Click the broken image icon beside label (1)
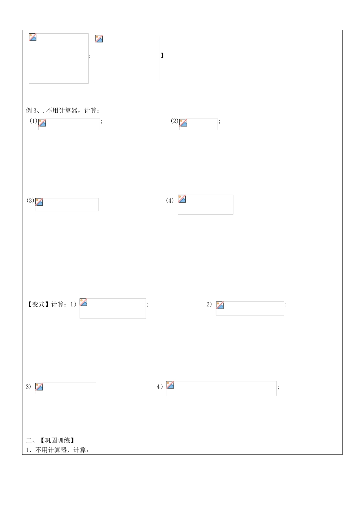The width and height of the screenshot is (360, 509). [x=42, y=122]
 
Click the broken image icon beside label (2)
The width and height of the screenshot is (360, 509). [x=183, y=122]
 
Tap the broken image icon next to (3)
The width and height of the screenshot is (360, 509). [x=39, y=202]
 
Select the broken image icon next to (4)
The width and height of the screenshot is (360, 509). [x=182, y=198]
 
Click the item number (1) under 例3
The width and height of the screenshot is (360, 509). [x=33, y=121]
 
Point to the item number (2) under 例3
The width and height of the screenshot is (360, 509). [x=174, y=121]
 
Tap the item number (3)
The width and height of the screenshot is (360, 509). [x=30, y=200]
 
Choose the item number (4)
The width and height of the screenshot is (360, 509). [x=170, y=200]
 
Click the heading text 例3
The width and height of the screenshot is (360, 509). [x=31, y=111]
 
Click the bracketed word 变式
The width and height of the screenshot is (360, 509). [x=38, y=304]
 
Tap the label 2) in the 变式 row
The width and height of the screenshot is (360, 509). [x=209, y=304]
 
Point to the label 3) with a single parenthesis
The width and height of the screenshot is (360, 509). [x=28, y=387]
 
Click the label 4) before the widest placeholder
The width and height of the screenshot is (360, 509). [x=160, y=387]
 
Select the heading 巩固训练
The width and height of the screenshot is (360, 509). [x=58, y=440]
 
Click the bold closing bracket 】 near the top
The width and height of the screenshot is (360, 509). [x=162, y=55]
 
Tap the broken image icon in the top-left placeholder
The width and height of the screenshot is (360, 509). [x=33, y=37]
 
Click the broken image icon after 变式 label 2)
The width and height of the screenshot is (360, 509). [x=220, y=305]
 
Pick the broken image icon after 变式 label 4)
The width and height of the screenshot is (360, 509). [x=170, y=385]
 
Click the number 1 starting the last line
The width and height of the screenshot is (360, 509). [x=27, y=450]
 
